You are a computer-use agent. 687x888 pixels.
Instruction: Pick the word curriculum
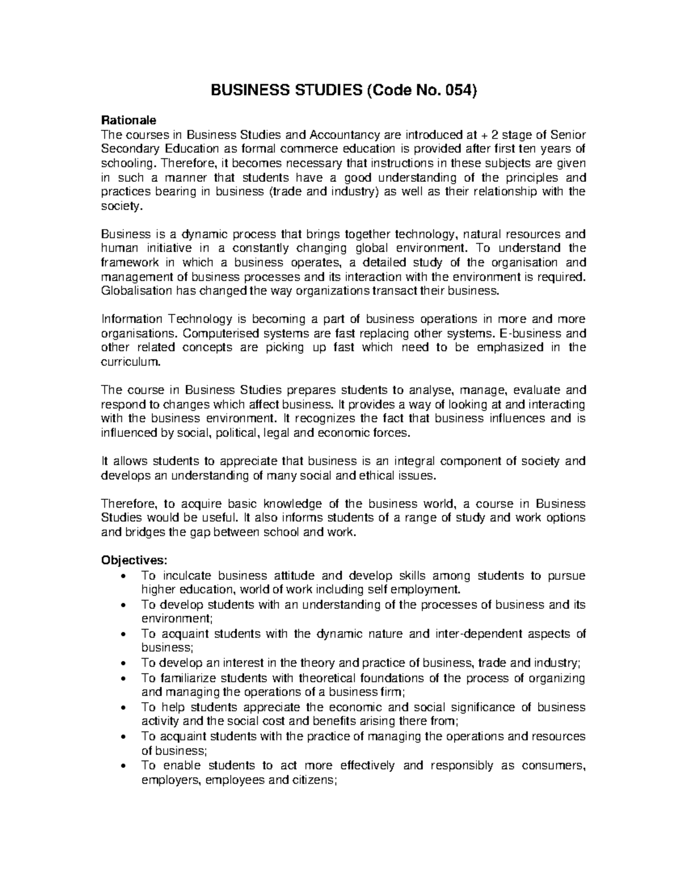tap(131, 362)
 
